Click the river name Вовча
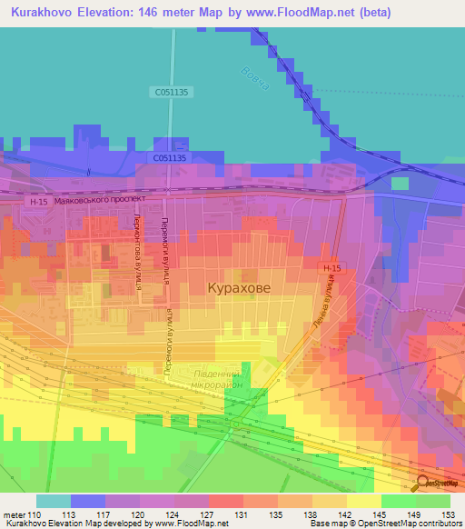pos(256,81)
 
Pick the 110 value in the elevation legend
pos(35,514)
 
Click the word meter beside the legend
pos(14,514)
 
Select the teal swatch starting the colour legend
pos(54,501)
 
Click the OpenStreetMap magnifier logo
pos(422,484)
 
